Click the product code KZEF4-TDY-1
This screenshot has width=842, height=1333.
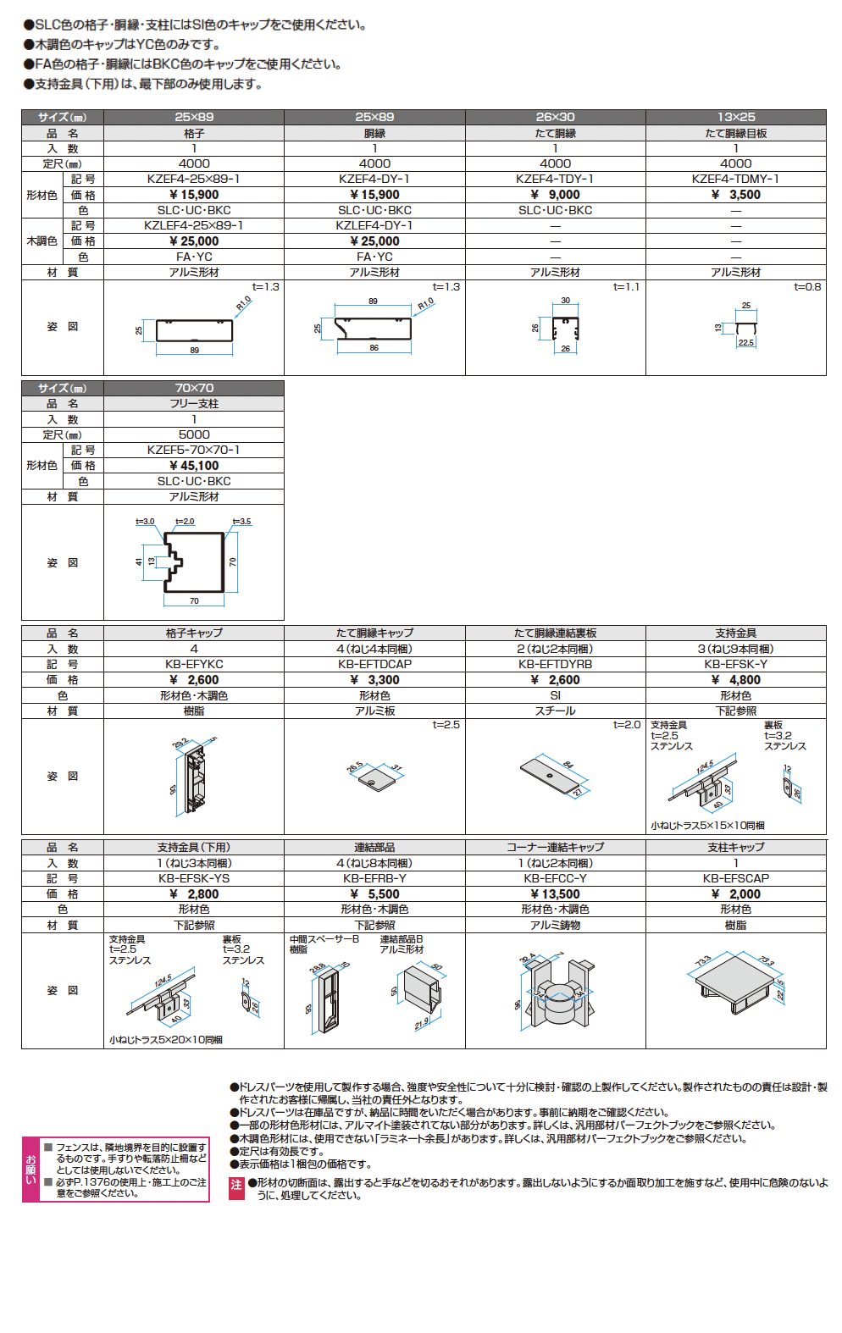[555, 179]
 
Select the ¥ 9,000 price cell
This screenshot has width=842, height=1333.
[555, 195]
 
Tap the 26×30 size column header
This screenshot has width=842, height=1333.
[555, 117]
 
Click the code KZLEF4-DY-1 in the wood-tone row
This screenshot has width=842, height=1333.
[374, 225]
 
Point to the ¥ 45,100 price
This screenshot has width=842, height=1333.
[194, 466]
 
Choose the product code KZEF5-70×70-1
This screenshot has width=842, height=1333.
[194, 450]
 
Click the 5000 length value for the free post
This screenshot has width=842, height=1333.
[194, 434]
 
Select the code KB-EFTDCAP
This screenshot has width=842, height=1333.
[374, 664]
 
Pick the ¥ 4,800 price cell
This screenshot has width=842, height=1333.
[735, 680]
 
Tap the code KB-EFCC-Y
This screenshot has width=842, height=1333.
[555, 878]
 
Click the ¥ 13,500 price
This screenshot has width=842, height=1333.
[555, 894]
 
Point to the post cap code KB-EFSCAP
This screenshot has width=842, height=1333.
[735, 878]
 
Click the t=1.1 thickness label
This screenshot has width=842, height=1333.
[626, 287]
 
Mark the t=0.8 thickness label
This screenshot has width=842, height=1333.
[807, 287]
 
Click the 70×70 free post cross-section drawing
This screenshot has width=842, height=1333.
[194, 562]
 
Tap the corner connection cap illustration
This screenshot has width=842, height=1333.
[556, 991]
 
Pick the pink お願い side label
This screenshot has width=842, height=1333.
[31, 1170]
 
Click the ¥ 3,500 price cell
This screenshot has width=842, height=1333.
[735, 195]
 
